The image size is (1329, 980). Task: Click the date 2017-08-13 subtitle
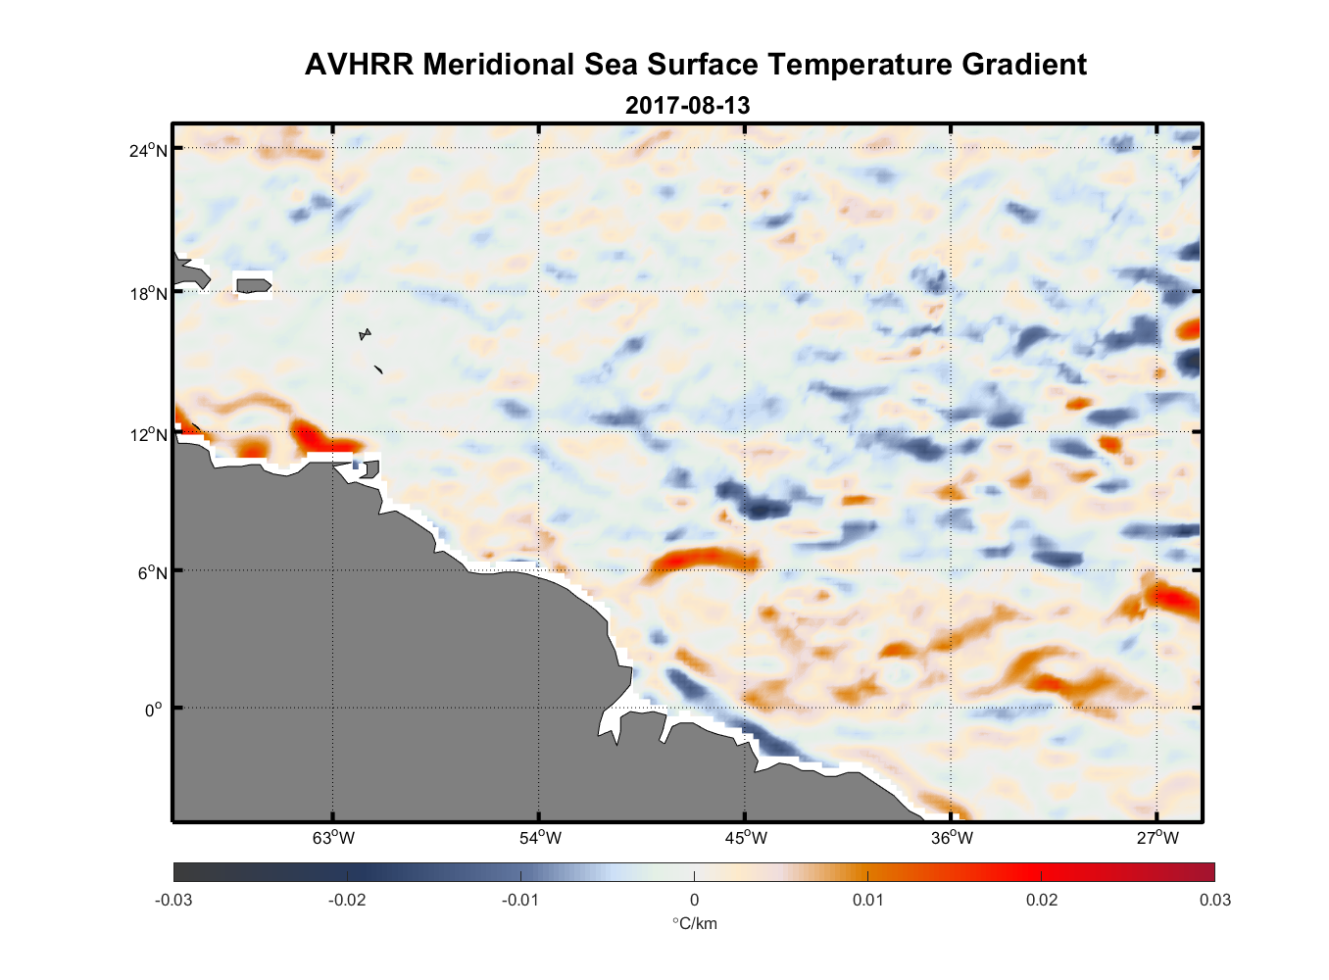(687, 105)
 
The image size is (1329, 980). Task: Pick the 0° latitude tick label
(154, 710)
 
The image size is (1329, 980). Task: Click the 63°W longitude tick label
(333, 838)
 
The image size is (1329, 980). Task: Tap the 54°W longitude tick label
(540, 838)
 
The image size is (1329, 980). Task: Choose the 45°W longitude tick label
(746, 838)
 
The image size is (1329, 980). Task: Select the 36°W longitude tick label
(952, 838)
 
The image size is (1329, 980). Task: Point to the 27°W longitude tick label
(1157, 838)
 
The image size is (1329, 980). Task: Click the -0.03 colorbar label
(173, 900)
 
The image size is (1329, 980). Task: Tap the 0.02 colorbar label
(1041, 900)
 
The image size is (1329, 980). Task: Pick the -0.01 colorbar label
(519, 900)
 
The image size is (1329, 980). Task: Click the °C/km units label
(694, 923)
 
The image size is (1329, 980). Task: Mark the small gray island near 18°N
(254, 285)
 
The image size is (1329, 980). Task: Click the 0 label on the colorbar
(694, 900)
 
